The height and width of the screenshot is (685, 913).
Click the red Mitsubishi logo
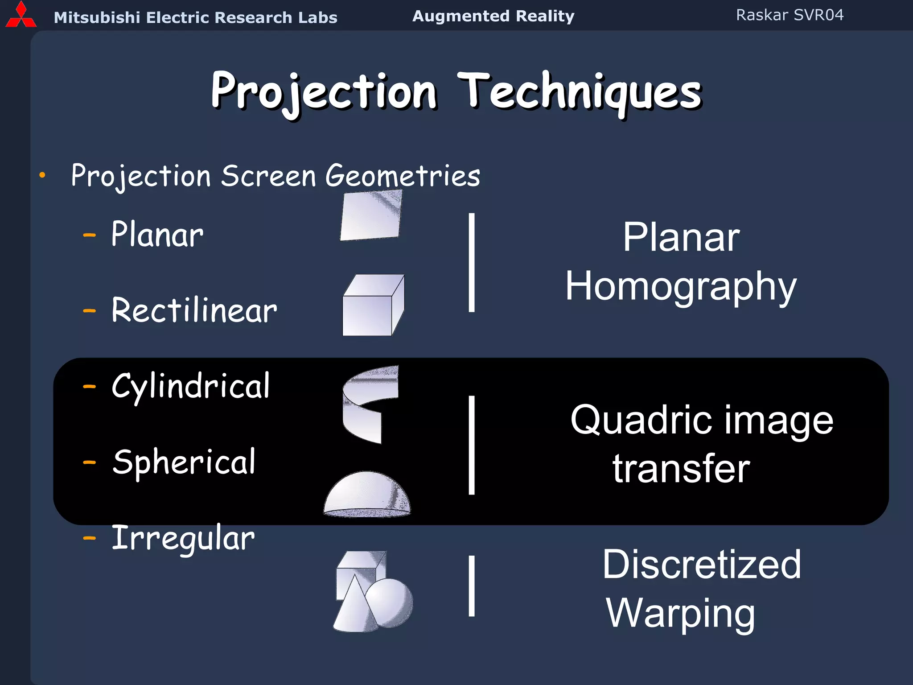click(x=21, y=16)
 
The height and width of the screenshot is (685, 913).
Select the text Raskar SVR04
click(x=790, y=15)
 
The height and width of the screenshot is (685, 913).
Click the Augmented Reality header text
click(x=493, y=16)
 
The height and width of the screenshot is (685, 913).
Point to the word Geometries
click(x=403, y=176)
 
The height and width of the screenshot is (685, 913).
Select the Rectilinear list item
click(x=194, y=310)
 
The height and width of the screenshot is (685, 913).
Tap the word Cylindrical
click(x=190, y=386)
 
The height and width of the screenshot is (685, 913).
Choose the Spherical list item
click(x=184, y=462)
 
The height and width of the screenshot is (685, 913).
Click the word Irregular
click(x=183, y=538)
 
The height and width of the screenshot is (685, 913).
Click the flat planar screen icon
click(x=371, y=216)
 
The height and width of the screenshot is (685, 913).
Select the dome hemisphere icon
click(x=367, y=495)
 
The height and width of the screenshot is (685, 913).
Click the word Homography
click(x=680, y=286)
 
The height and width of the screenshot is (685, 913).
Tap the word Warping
click(x=680, y=613)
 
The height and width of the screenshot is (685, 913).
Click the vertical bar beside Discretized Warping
click(x=472, y=586)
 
